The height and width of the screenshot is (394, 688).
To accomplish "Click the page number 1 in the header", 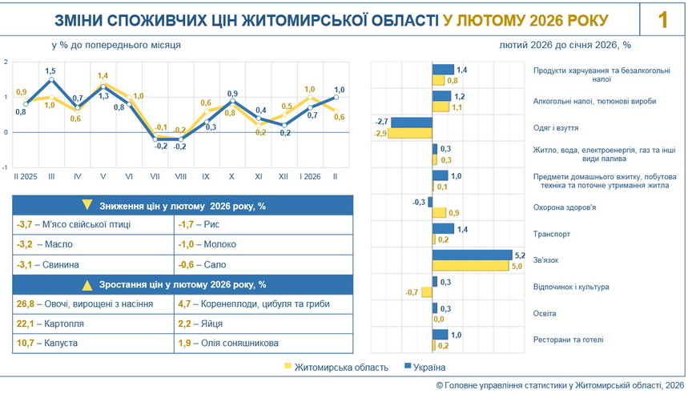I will (x=663, y=20).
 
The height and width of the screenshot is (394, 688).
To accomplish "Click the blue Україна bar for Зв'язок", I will (x=472, y=255).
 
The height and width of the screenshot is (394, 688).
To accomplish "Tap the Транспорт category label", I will (x=552, y=235).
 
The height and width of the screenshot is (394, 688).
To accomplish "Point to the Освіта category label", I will (x=545, y=313).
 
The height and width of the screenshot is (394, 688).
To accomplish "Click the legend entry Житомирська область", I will (x=341, y=368).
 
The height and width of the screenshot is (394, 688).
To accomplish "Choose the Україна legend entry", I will (x=428, y=368).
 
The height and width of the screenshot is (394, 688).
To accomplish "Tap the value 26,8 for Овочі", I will (x=26, y=304).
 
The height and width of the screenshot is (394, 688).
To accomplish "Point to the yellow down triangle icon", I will (x=88, y=206).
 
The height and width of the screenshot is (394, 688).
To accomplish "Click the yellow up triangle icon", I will (x=88, y=284).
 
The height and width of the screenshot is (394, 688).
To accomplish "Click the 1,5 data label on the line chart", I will (x=50, y=71).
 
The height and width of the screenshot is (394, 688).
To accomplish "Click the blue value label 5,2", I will (x=519, y=255).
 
